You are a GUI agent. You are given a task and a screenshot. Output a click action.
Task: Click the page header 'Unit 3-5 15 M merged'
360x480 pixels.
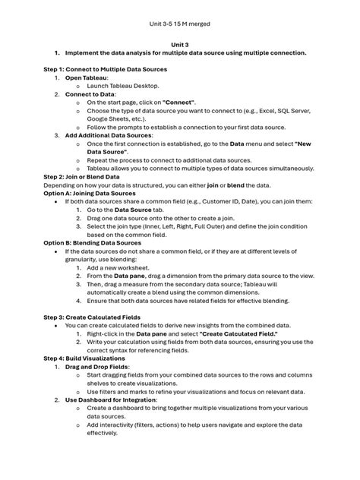pyautogui.click(x=179, y=24)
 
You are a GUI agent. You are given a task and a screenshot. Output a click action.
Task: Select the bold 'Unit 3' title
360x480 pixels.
pyautogui.click(x=179, y=45)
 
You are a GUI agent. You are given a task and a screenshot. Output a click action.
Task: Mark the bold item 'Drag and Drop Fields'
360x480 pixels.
pyautogui.click(x=107, y=366)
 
